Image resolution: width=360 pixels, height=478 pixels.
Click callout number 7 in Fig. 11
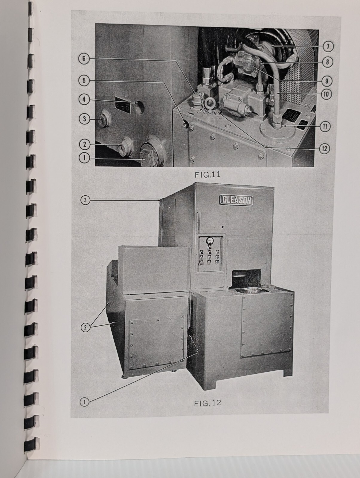[328, 47]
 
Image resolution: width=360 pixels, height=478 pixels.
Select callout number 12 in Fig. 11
[325, 149]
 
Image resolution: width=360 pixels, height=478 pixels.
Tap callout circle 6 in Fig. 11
[84, 59]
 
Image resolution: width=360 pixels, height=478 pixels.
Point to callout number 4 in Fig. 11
[84, 99]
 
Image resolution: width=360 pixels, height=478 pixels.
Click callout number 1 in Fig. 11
[84, 158]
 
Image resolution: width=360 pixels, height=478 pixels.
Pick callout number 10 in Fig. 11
[326, 94]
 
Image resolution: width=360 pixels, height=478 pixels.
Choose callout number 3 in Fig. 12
[85, 200]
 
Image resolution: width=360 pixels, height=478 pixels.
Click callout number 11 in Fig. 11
[325, 127]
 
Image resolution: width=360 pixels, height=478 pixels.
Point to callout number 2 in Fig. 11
[84, 144]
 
